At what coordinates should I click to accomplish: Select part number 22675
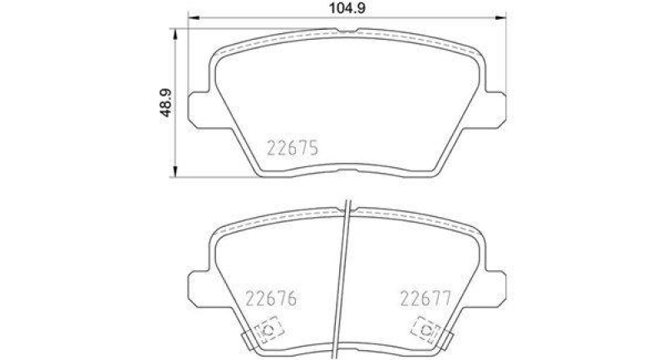(293, 150)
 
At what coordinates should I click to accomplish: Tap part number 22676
(271, 298)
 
